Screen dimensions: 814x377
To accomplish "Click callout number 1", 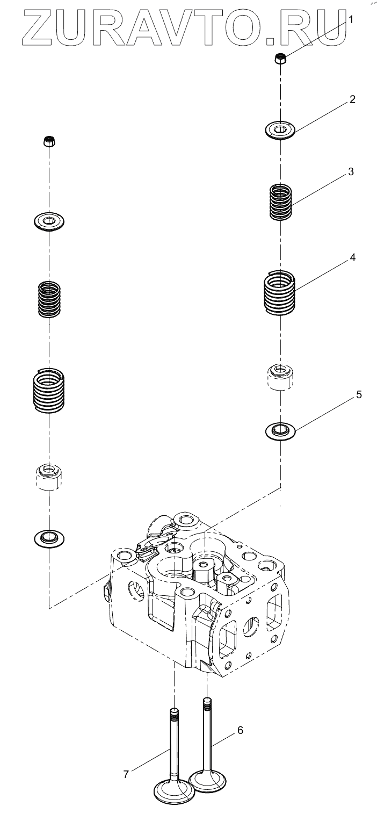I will click(x=351, y=20).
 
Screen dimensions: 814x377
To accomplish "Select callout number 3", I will click(x=350, y=172).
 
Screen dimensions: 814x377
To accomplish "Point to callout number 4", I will click(x=352, y=257).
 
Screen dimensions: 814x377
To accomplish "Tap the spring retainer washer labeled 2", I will click(x=280, y=130).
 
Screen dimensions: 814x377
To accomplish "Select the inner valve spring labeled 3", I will click(x=280, y=201).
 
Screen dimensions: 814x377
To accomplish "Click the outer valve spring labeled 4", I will click(x=280, y=293).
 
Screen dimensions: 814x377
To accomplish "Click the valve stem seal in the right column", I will click(x=280, y=376).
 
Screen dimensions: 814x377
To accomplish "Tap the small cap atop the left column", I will click(x=49, y=142).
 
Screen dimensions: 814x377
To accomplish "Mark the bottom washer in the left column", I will click(x=49, y=536).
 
